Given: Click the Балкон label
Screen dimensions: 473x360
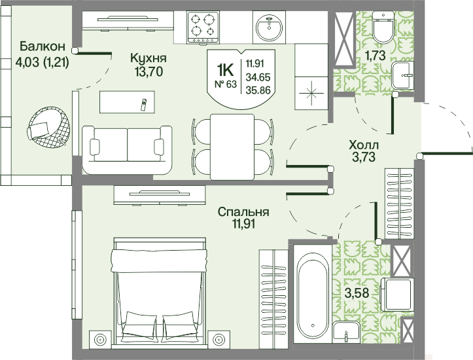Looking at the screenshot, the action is coord(43,46).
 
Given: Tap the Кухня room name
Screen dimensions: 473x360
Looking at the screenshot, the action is coord(148,58).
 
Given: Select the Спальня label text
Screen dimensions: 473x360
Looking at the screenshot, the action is coord(243,212).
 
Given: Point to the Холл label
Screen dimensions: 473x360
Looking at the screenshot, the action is coord(364,145).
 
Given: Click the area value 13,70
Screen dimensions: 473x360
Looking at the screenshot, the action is coord(149,72).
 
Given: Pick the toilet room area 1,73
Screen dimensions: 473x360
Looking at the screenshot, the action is coord(375,56).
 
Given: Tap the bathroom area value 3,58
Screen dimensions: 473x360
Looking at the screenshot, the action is coord(357,293).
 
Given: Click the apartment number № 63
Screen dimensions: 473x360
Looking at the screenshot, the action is coord(226,84).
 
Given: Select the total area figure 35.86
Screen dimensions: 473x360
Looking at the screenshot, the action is coord(258,90).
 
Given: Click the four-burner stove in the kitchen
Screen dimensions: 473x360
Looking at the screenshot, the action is coord(203,27).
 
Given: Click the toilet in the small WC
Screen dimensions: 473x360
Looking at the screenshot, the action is coord(383,27).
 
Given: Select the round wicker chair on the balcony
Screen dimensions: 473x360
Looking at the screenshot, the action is coord(48,127).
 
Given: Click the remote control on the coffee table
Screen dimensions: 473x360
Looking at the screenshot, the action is coord(143,105).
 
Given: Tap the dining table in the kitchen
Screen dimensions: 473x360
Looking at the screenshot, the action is coord(232,147).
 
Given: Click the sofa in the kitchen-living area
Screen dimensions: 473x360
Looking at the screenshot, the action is coord(127,150).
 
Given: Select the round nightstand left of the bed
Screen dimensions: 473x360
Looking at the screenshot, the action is coord(99,340).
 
